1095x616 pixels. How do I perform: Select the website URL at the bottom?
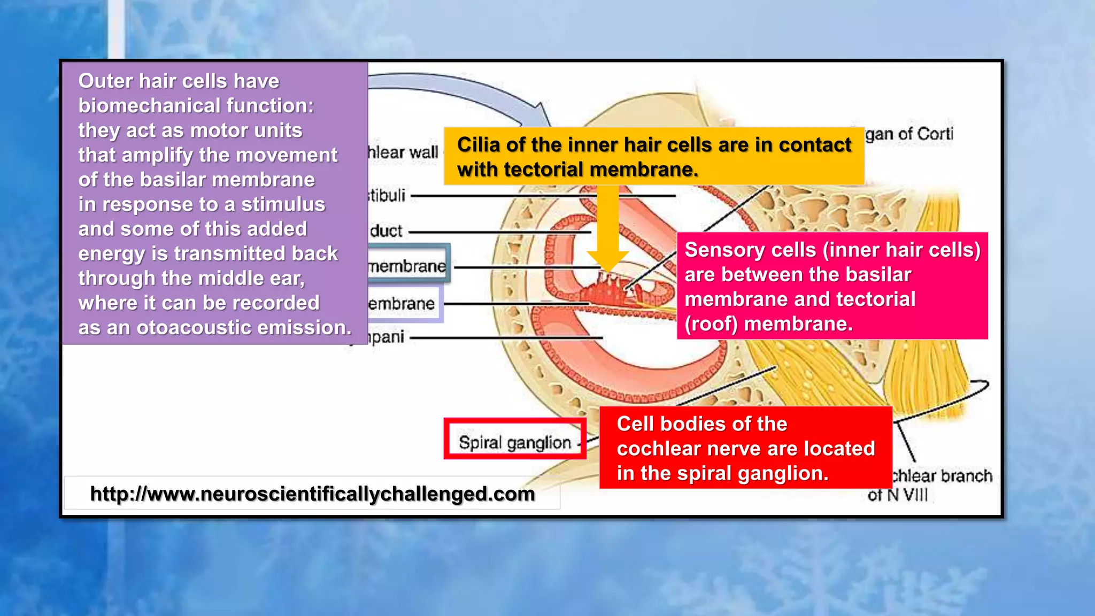tap(312, 494)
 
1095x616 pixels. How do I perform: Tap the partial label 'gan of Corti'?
tap(909, 134)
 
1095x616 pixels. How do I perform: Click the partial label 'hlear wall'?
tap(403, 153)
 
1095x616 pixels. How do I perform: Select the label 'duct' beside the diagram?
tap(386, 231)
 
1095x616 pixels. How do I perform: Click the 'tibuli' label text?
tap(387, 196)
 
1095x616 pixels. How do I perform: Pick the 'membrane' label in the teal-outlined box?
tap(407, 266)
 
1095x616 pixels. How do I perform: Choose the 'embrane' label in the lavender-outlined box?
tap(402, 304)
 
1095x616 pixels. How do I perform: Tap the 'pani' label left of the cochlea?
tap(385, 337)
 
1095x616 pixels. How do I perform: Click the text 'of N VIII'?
tap(898, 495)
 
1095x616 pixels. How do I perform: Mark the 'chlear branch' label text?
tap(942, 475)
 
